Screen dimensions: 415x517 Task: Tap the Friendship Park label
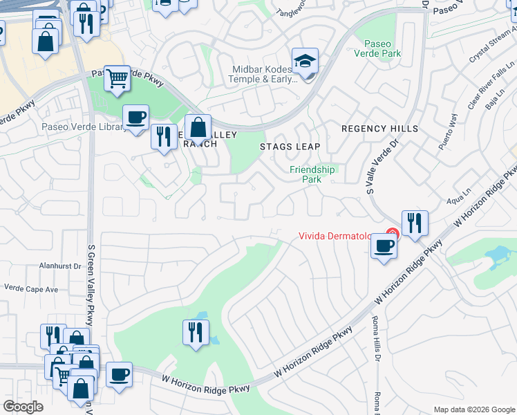(312, 174)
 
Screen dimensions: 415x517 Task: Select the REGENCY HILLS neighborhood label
(379, 129)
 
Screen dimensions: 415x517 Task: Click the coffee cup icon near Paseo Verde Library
(135, 116)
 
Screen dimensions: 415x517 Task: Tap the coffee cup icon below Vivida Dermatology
(384, 246)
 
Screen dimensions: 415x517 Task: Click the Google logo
(23, 407)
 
